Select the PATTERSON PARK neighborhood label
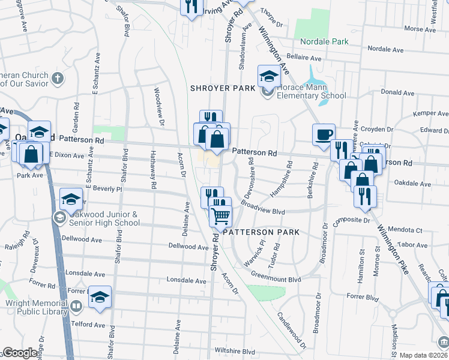[261, 232]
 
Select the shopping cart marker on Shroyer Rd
[220, 215]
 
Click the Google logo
[20, 353]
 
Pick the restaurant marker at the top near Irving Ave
[191, 7]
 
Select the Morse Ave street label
[419, 29]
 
